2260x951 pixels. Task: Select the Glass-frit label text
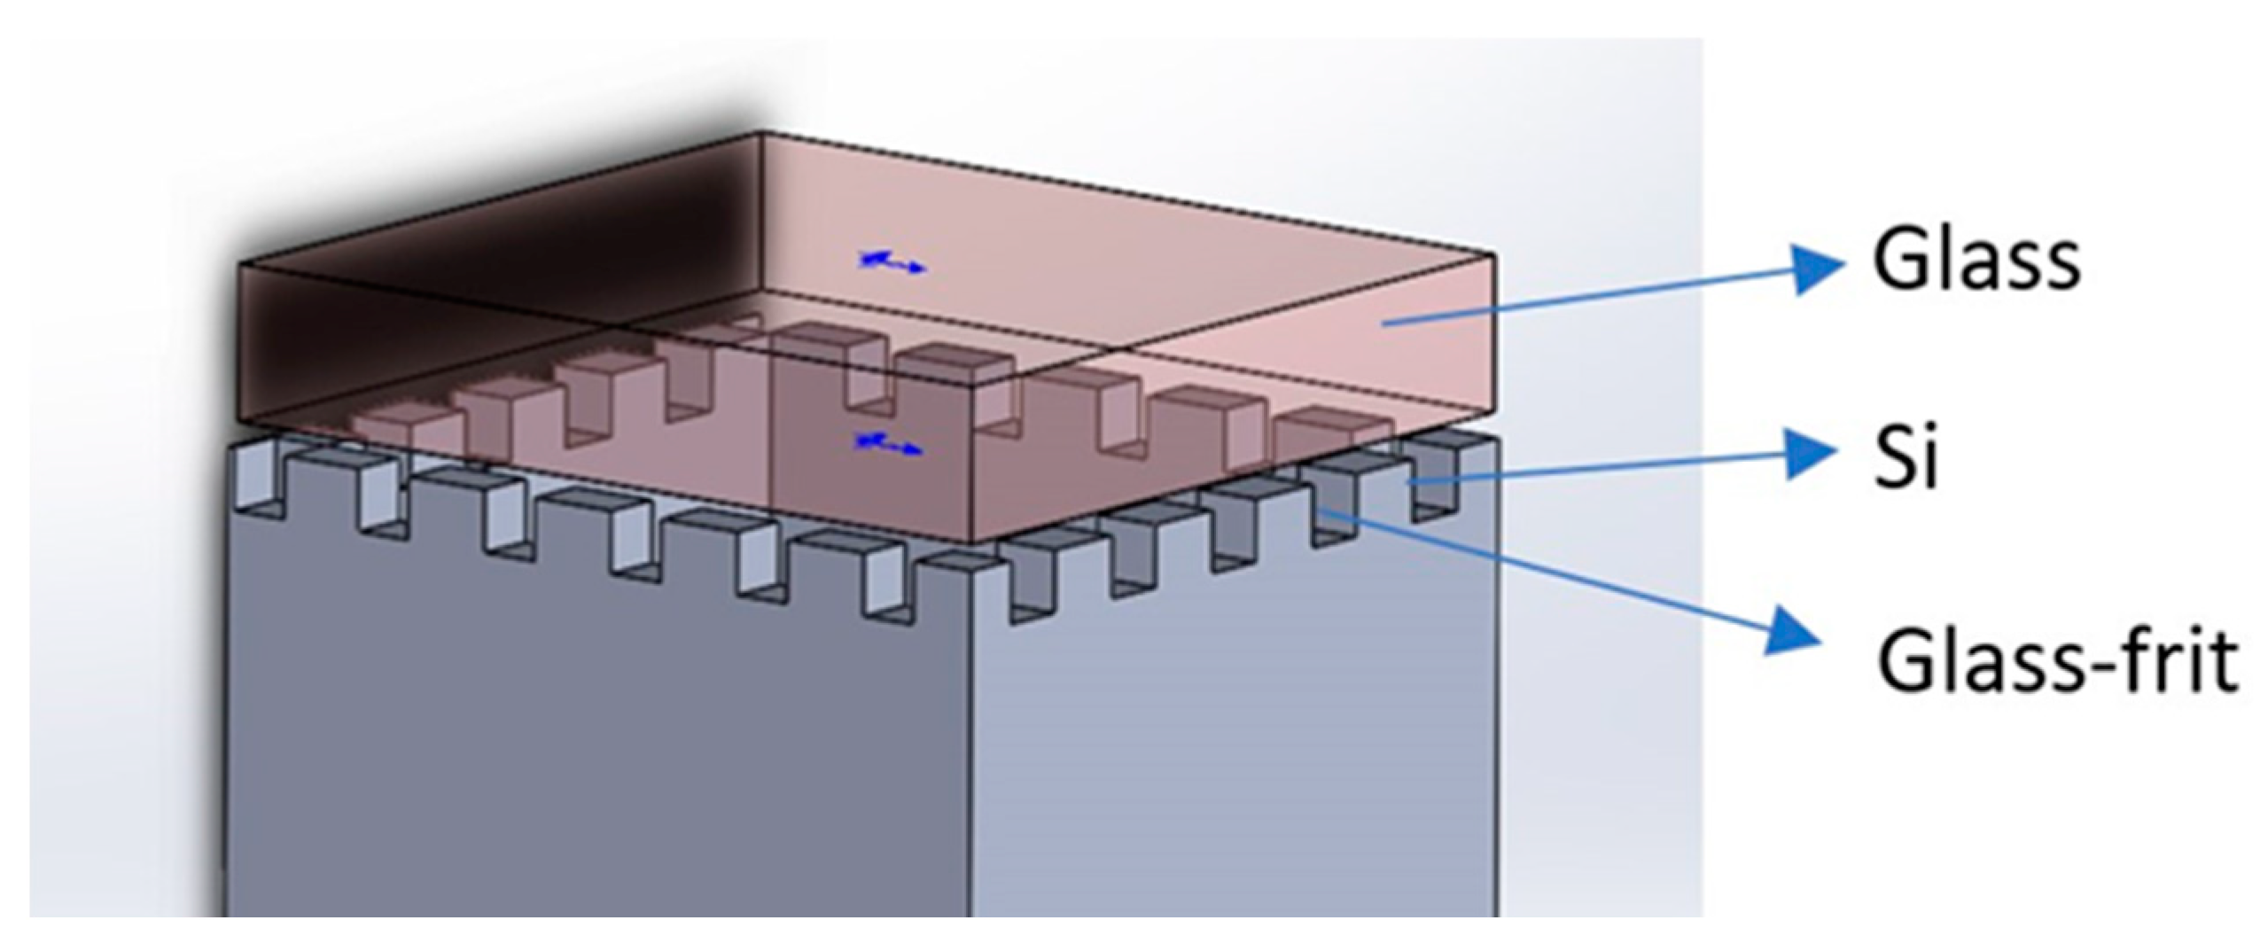click(2056, 660)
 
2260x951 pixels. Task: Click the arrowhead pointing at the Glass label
click(1817, 268)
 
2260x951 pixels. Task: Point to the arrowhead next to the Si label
click(1808, 454)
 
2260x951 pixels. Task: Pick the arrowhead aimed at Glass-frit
click(1795, 631)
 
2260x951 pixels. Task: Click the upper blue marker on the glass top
click(891, 261)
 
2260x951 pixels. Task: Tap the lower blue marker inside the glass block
click(886, 445)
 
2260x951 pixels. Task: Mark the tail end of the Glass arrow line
click(1384, 324)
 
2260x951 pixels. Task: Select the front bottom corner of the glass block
click(973, 542)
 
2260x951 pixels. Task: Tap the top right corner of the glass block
click(1495, 255)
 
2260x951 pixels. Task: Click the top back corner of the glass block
click(760, 133)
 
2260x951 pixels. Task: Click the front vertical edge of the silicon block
click(971, 753)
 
